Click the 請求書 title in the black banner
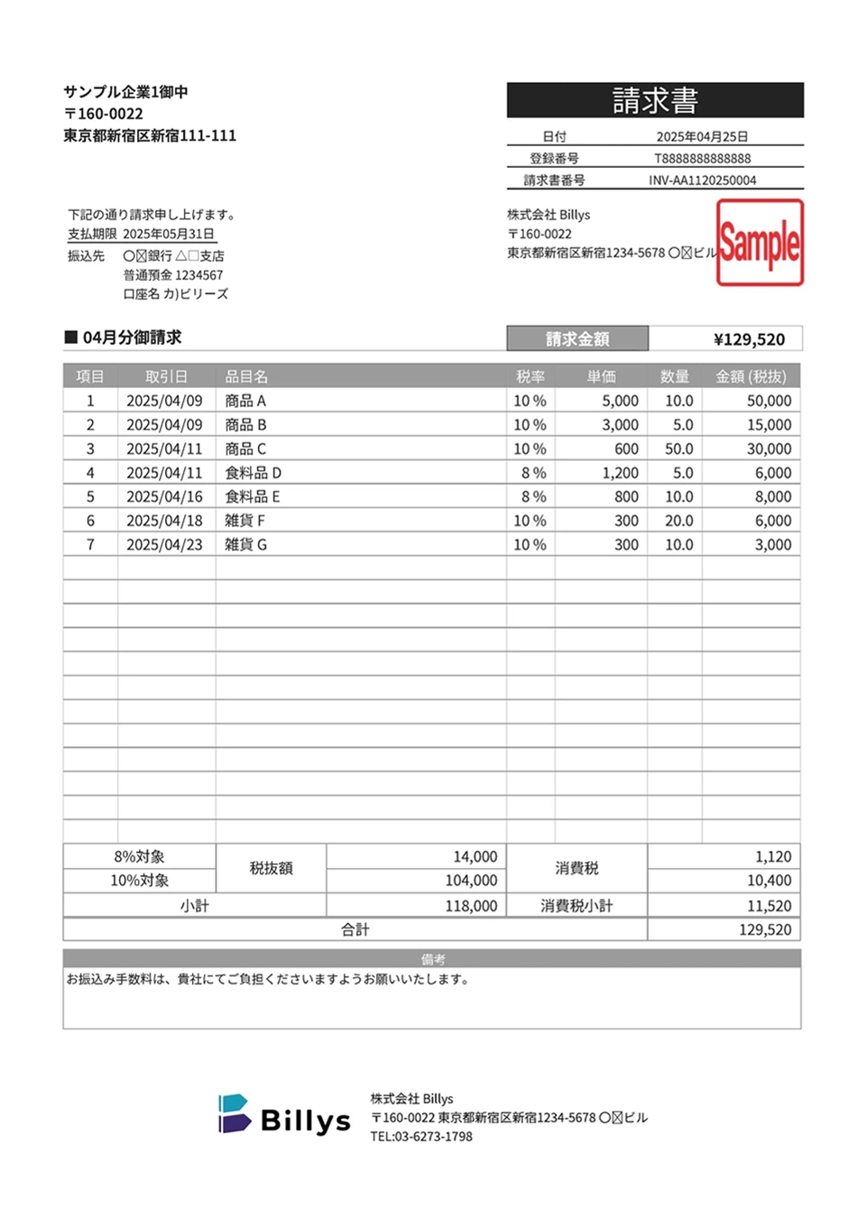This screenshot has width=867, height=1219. click(655, 100)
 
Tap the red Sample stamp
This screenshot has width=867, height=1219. click(760, 243)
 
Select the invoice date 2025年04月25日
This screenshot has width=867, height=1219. click(702, 136)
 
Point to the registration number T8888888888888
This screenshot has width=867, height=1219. click(702, 158)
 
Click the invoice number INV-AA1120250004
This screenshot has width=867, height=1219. click(702, 180)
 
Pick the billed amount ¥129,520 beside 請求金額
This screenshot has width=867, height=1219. click(749, 339)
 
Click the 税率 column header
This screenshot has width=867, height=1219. click(530, 376)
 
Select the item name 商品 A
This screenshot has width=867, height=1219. click(245, 401)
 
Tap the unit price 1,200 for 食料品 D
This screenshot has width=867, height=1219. click(620, 473)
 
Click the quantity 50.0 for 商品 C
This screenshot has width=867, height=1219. click(678, 448)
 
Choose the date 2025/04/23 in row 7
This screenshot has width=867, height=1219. click(164, 544)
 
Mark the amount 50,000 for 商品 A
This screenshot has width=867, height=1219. click(769, 401)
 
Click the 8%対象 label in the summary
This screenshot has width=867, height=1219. click(139, 856)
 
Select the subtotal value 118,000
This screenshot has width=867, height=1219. click(471, 905)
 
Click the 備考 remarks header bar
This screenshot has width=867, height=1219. click(432, 958)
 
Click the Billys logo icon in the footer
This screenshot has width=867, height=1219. click(233, 1114)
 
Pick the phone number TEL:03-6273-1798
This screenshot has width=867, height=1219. click(421, 1136)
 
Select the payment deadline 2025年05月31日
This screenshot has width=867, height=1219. click(169, 234)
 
